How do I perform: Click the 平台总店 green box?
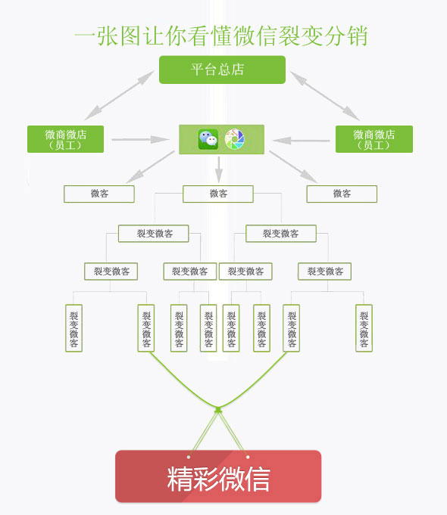pos(222,70)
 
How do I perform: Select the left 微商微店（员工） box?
pos(65,139)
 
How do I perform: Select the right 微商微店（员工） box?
pos(374,139)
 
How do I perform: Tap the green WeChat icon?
pos(208,139)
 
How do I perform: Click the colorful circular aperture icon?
pos(235,139)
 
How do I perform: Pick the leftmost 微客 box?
pos(99,194)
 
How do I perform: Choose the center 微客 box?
pos(218,194)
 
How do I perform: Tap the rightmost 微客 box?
pos(342,194)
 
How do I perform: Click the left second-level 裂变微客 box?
pos(154,234)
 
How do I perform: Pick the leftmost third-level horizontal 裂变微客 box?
pos(111,271)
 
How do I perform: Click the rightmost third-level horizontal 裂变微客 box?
pos(325,271)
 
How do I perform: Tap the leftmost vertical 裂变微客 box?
pos(73,327)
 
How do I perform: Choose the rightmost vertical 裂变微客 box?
pos(364,327)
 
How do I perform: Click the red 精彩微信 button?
pos(218,476)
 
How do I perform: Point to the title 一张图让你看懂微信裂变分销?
pos(221,36)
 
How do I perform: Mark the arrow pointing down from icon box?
pos(219,166)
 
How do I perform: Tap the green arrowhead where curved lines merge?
pos(218,410)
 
